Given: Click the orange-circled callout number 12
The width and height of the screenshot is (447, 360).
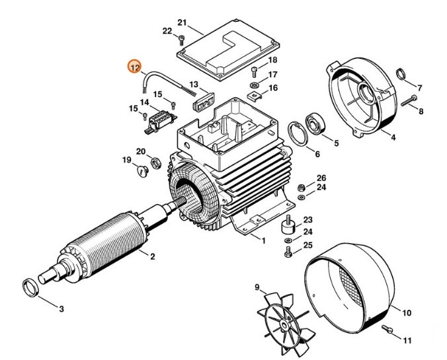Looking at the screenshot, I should [135, 67].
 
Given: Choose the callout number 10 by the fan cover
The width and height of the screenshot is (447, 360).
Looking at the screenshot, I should [407, 312].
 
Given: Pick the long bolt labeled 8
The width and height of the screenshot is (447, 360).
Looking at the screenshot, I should [410, 99].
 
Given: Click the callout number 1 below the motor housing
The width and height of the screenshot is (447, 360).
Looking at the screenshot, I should [263, 240].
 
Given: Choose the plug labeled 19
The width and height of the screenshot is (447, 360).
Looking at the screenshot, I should [140, 172].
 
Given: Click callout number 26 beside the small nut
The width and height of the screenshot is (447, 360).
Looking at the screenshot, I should [321, 178].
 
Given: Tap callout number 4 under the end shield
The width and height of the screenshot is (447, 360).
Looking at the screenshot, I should [393, 137].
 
